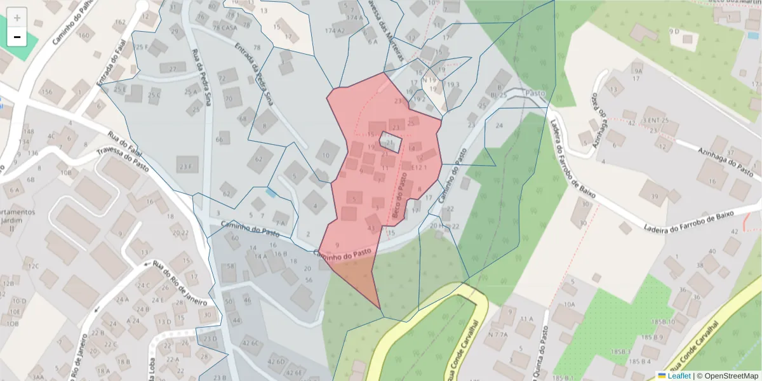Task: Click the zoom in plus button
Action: (x=17, y=18)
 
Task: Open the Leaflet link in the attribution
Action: (x=679, y=376)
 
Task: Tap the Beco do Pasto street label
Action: (x=401, y=198)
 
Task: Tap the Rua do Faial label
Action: (x=123, y=138)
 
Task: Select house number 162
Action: (x=120, y=22)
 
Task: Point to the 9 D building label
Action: (x=674, y=30)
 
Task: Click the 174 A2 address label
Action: (x=334, y=30)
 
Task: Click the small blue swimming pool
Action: (x=272, y=192)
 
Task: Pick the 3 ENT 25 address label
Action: (x=657, y=120)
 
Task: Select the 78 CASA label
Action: (x=225, y=28)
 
